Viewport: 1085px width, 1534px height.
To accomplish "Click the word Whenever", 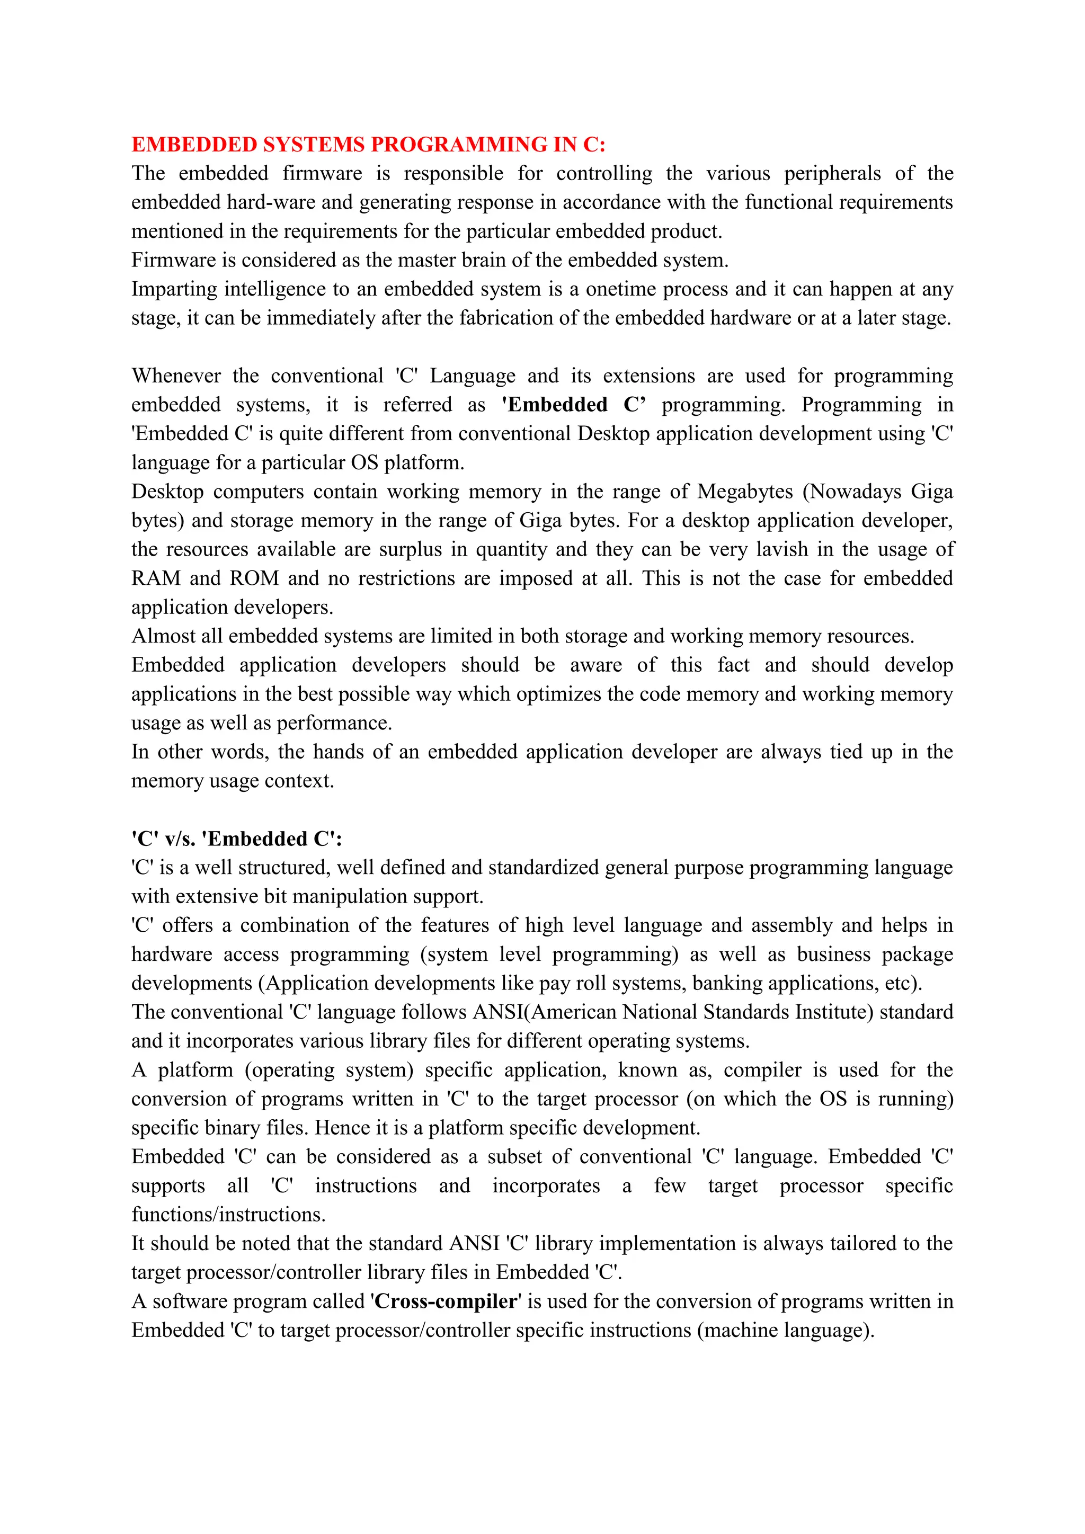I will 176,376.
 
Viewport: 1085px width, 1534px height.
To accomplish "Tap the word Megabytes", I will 744,492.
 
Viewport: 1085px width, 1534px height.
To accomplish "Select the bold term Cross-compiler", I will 446,1301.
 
